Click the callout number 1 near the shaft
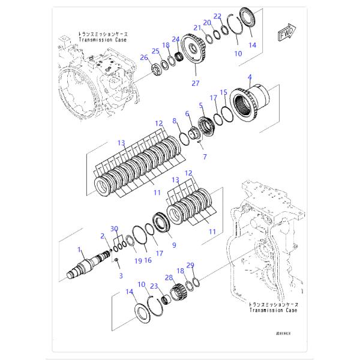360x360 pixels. click(79, 248)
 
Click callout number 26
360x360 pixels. click(143, 58)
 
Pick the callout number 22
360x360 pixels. click(218, 16)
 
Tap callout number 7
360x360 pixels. click(205, 157)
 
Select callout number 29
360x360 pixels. click(190, 265)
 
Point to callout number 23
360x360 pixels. click(154, 286)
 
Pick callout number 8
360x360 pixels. click(175, 121)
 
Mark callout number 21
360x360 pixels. click(196, 27)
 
